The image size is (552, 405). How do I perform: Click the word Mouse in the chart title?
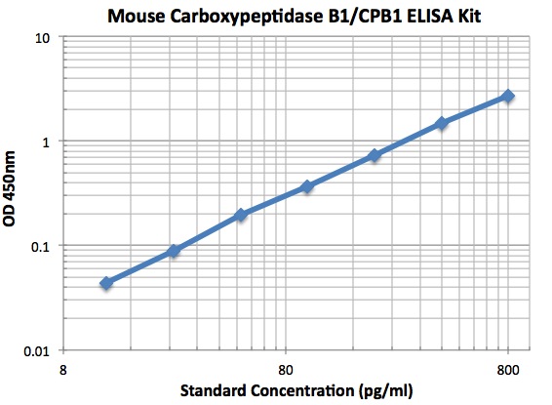coord(138,16)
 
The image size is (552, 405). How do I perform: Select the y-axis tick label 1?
coord(49,142)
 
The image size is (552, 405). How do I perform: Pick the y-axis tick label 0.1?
coord(42,246)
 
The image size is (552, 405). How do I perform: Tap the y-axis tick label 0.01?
coord(39,349)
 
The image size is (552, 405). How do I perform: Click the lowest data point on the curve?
coord(106,283)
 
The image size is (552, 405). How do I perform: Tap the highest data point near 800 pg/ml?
coord(508,96)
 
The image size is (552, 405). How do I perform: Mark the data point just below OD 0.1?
coord(174,251)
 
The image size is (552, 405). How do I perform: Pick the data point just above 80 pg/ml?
coord(307,185)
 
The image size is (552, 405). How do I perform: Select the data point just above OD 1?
coord(442,123)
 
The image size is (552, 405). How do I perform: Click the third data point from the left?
coord(241,215)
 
